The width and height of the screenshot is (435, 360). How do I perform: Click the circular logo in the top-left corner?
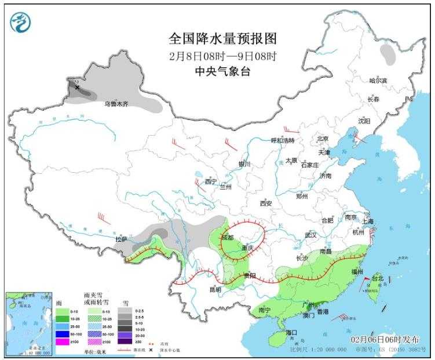click(21, 22)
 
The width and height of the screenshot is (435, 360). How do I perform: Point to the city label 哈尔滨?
click(381, 81)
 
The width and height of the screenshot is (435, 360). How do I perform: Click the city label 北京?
click(322, 139)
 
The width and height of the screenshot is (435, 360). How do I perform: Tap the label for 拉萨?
click(120, 238)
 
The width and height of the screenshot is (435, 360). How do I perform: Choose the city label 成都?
click(228, 238)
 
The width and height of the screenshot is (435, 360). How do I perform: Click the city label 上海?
click(367, 221)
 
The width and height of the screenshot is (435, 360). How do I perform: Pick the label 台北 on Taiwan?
click(377, 279)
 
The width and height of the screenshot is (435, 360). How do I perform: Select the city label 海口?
click(292, 332)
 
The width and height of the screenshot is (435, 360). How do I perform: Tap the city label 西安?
click(266, 203)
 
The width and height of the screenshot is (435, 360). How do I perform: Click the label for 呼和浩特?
click(283, 141)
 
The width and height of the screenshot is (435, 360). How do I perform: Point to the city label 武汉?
click(310, 235)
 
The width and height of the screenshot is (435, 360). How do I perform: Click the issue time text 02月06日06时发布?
click(388, 338)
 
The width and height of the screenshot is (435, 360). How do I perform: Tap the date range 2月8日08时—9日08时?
click(222, 56)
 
